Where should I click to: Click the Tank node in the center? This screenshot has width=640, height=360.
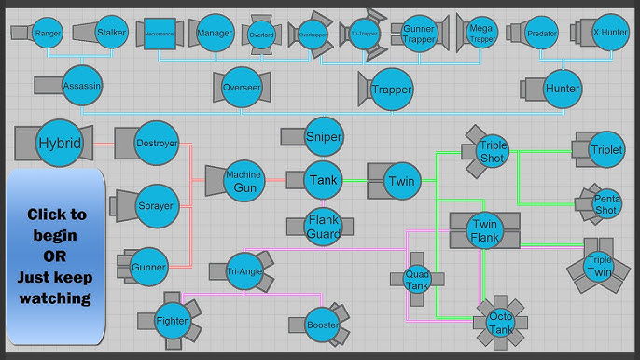324,179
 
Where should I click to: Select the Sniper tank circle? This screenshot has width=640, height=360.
324,137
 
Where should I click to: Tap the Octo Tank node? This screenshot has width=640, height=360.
501,323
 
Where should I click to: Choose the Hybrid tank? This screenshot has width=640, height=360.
60,144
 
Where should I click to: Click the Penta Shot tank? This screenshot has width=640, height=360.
605,203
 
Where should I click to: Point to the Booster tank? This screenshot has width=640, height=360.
323,325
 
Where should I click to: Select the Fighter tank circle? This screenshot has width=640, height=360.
173,322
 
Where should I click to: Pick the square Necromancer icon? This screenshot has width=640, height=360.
160,35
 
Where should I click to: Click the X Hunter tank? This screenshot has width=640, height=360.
610,33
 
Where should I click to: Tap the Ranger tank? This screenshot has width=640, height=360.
47,33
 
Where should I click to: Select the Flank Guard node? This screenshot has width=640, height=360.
324,225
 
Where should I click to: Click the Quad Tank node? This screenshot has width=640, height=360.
416,277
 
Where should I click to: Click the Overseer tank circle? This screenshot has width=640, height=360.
242,87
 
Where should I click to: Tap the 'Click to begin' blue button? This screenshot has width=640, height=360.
56,256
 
